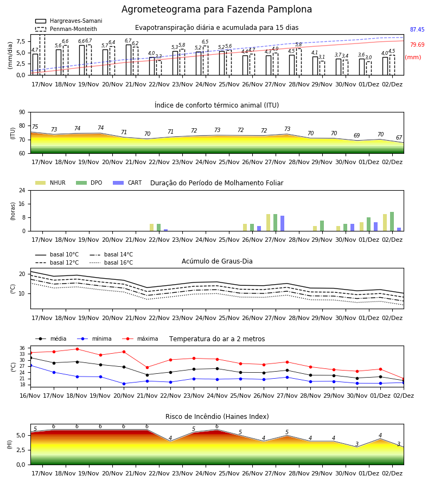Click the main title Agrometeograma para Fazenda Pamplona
pyautogui.click(x=216, y=9)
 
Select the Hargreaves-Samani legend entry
pyautogui.click(x=68, y=21)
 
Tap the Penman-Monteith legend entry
pyautogui.click(x=66, y=29)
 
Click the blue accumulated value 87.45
pyautogui.click(x=417, y=30)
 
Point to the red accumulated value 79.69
pyautogui.click(x=417, y=45)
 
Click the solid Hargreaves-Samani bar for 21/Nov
pyautogui.click(x=129, y=60)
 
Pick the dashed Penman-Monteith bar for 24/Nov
pyautogui.click(x=206, y=60)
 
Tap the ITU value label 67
pyautogui.click(x=399, y=137)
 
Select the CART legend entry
pyautogui.click(x=127, y=183)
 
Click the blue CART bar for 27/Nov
pyautogui.click(x=283, y=223)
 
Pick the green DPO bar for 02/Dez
pyautogui.click(x=392, y=222)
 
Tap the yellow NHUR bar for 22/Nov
pyautogui.click(x=151, y=227)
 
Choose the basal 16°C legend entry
pyautogui.click(x=111, y=262)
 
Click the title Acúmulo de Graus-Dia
pyautogui.click(x=217, y=261)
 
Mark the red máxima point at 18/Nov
pyautogui.click(x=77, y=349)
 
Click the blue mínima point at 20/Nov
pyautogui.click(x=124, y=384)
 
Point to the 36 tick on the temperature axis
pyautogui.click(x=22, y=348)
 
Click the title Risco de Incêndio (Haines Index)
pyautogui.click(x=217, y=417)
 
